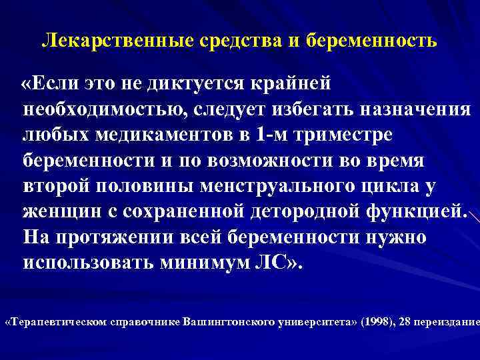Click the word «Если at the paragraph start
53,85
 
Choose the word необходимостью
100,110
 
